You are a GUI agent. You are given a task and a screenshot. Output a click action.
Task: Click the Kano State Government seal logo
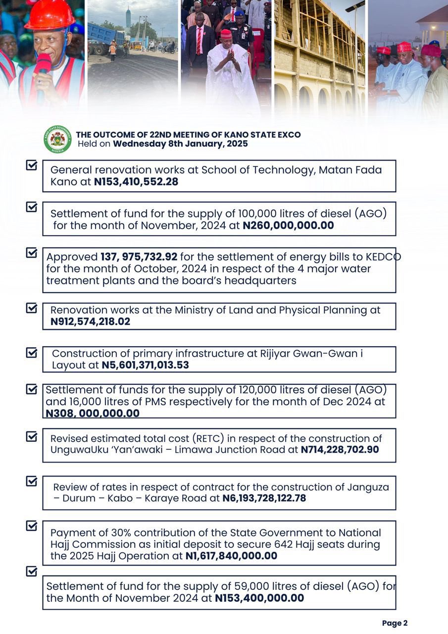[57, 139]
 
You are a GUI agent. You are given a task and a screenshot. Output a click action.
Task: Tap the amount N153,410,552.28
[136, 182]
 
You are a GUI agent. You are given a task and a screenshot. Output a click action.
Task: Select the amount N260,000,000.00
[288, 226]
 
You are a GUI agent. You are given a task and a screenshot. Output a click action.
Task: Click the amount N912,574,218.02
[90, 321]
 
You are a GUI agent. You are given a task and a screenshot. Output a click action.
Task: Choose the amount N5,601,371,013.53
[145, 366]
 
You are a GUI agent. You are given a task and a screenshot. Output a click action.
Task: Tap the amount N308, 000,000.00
[93, 413]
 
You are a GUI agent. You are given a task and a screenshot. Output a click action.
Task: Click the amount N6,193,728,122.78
[264, 498]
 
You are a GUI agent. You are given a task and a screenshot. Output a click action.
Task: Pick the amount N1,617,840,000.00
[231, 556]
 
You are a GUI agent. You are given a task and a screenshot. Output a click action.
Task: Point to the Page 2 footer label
[395, 623]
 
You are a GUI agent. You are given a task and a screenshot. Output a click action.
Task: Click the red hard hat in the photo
[49, 15]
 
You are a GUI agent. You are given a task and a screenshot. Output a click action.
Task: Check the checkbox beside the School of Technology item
[32, 165]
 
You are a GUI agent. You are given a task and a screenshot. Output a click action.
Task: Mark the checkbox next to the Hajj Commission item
[32, 526]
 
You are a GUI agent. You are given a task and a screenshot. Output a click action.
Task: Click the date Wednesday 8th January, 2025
[180, 144]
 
